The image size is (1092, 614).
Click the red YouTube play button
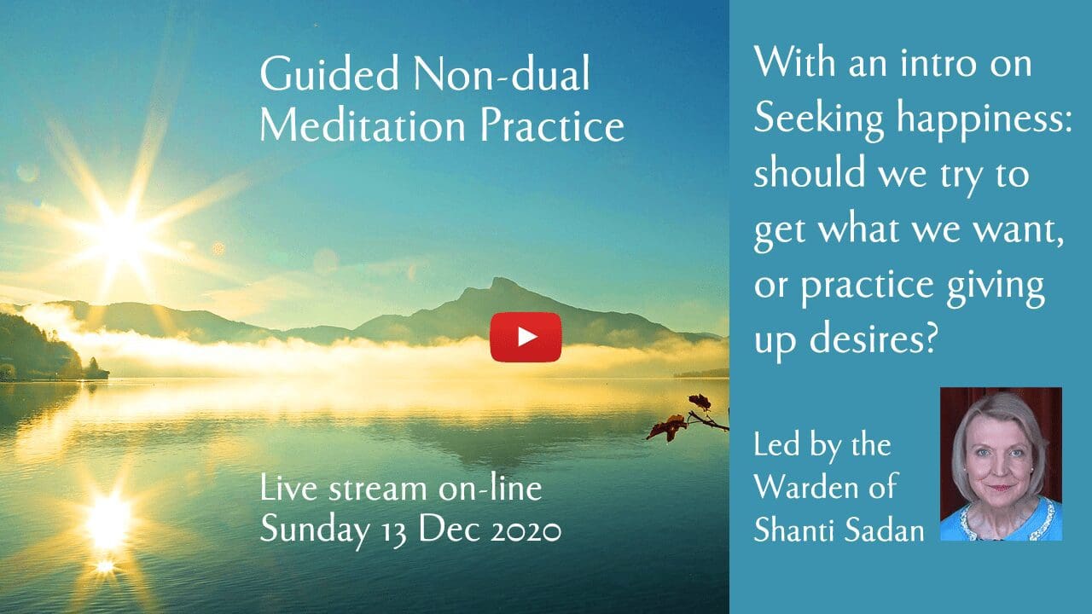(526, 337)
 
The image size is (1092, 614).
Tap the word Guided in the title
(329, 74)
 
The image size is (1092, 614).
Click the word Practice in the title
(552, 125)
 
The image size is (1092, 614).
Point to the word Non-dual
(502, 74)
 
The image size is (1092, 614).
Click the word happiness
(985, 119)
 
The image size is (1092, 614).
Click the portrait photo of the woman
(1001, 464)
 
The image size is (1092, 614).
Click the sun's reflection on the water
(107, 523)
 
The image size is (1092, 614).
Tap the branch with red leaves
(688, 419)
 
